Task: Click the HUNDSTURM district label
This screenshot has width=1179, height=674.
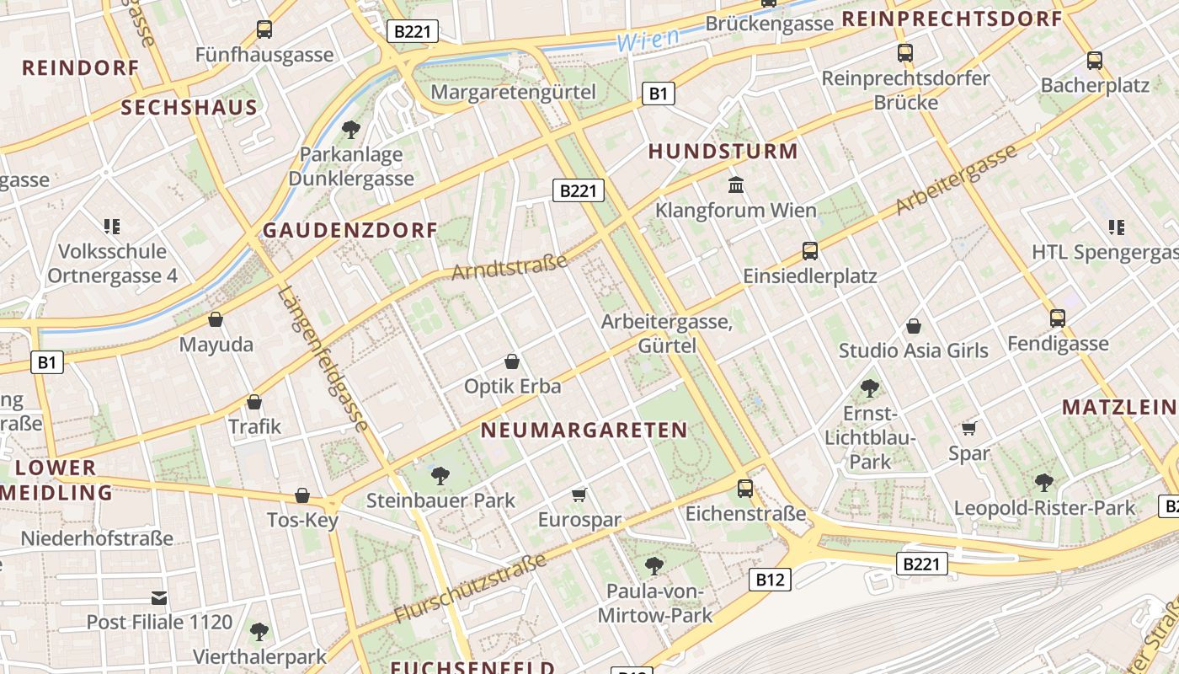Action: [723, 152]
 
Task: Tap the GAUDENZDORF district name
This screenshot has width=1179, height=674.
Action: [350, 230]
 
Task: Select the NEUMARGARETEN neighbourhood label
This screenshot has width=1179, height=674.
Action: [584, 431]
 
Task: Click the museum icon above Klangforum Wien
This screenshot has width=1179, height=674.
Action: [736, 185]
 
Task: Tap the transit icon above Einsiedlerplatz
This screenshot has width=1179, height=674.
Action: [809, 250]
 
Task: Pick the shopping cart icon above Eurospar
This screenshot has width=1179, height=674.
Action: [579, 494]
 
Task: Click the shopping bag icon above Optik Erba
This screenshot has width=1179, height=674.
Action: [511, 361]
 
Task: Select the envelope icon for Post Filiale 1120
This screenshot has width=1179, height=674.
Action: [159, 598]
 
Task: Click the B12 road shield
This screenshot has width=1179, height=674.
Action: [770, 579]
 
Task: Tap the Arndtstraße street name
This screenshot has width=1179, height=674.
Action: [509, 267]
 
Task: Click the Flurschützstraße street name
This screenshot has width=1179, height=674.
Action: [469, 588]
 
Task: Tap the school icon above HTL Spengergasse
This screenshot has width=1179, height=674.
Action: [1117, 227]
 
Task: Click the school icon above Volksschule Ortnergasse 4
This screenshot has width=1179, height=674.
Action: [112, 226]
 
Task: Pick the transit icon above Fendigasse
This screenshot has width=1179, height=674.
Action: [1058, 318]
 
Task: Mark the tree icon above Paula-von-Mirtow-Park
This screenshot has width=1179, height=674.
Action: [654, 564]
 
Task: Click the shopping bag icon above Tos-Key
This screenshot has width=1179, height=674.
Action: [302, 495]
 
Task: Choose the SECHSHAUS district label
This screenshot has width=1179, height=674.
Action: [189, 108]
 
